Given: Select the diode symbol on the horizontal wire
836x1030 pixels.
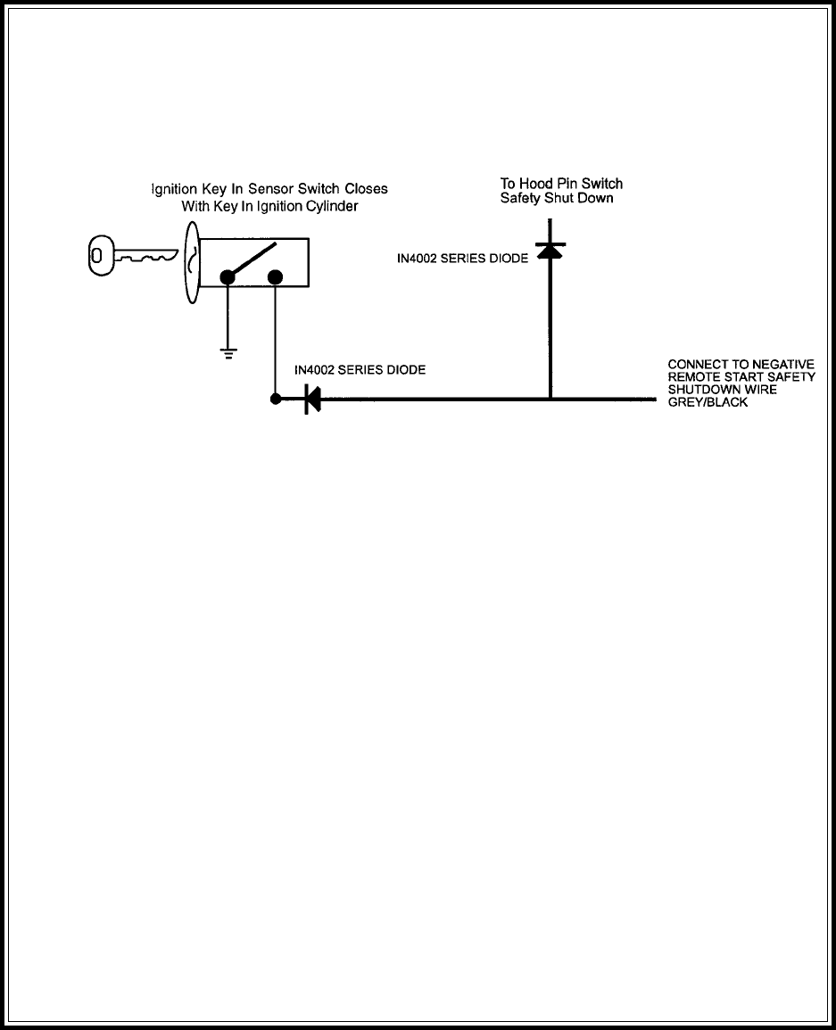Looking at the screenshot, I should [x=312, y=400].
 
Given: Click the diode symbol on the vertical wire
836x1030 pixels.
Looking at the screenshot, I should [x=550, y=252].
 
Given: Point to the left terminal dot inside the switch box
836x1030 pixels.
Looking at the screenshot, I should [x=228, y=277].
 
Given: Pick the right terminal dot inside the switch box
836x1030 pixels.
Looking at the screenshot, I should [x=275, y=277].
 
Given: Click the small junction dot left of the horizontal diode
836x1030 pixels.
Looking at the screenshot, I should [x=276, y=400].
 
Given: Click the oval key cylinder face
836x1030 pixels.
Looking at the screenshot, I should [x=191, y=258].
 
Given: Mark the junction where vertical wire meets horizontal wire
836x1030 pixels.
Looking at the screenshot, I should [x=550, y=400].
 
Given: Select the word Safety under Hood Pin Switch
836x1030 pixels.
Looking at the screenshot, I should [x=520, y=198].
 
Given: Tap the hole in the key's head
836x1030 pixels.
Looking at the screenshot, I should [x=96, y=258].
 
